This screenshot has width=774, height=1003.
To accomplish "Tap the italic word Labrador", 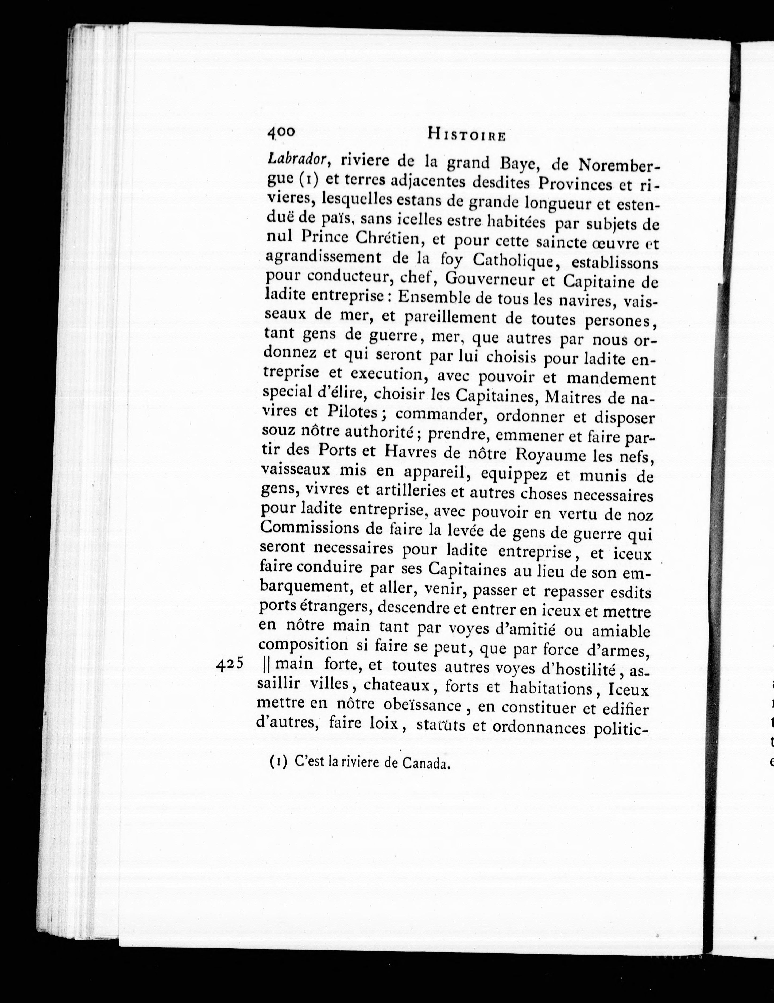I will (x=297, y=159).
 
